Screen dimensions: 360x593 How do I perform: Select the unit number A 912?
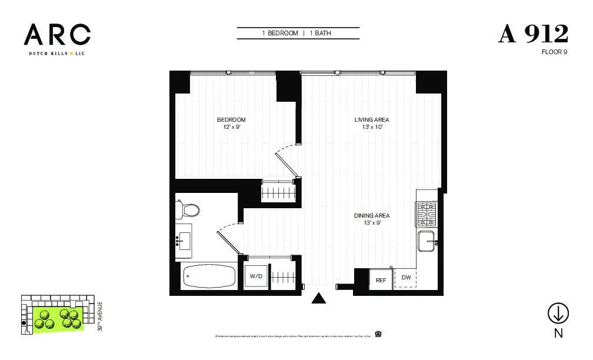[533, 34]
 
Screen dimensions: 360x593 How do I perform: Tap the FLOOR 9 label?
[554, 52]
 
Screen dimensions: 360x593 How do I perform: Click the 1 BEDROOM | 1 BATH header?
[298, 34]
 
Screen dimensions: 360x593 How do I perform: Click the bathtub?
[208, 275]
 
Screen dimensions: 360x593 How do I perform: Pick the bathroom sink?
[184, 241]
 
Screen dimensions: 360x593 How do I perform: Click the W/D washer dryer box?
[256, 275]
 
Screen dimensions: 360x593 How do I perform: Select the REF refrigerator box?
[381, 280]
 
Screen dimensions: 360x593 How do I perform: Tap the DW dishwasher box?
[406, 278]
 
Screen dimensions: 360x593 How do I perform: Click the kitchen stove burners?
[427, 214]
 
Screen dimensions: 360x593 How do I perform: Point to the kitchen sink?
[426, 242]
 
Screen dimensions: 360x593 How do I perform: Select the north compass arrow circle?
[558, 314]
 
